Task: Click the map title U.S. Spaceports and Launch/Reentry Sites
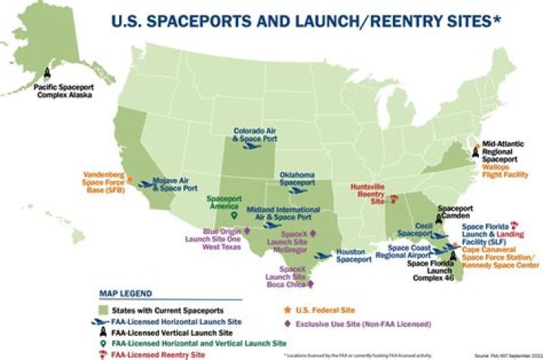tap(301, 21)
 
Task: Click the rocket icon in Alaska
tap(47, 73)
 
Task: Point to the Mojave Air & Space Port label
tap(175, 184)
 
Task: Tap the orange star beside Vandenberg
tap(131, 180)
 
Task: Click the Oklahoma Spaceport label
tap(296, 179)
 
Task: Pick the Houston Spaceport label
tap(353, 256)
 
